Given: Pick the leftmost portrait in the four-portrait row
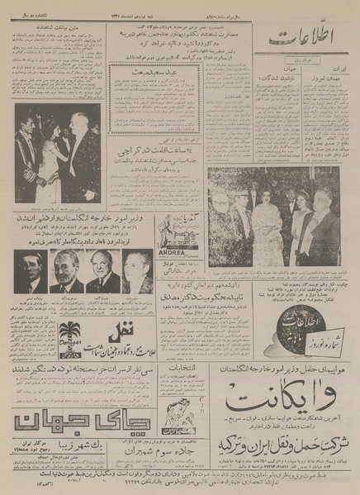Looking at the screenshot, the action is coord(31,272).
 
